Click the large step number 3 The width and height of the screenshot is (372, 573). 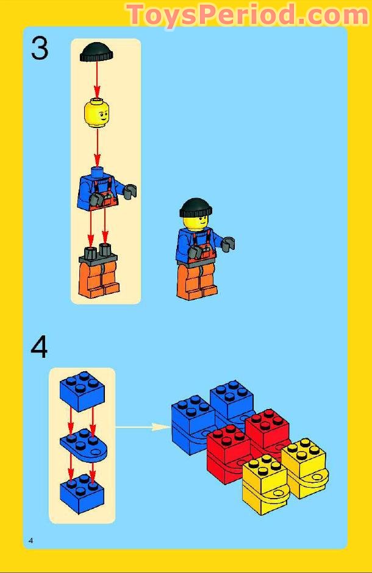[39, 48]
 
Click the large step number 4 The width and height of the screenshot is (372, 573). [39, 347]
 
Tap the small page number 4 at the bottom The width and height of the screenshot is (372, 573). [30, 541]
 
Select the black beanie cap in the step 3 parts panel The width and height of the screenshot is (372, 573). [96, 52]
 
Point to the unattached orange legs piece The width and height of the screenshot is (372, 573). [98, 274]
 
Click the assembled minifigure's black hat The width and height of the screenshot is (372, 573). [195, 208]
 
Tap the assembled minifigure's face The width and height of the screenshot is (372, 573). [195, 224]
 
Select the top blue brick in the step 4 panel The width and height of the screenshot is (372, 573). [82, 390]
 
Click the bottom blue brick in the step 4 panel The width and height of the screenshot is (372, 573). [82, 494]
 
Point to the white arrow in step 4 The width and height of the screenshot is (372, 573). [143, 427]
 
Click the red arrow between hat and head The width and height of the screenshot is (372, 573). [97, 79]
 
